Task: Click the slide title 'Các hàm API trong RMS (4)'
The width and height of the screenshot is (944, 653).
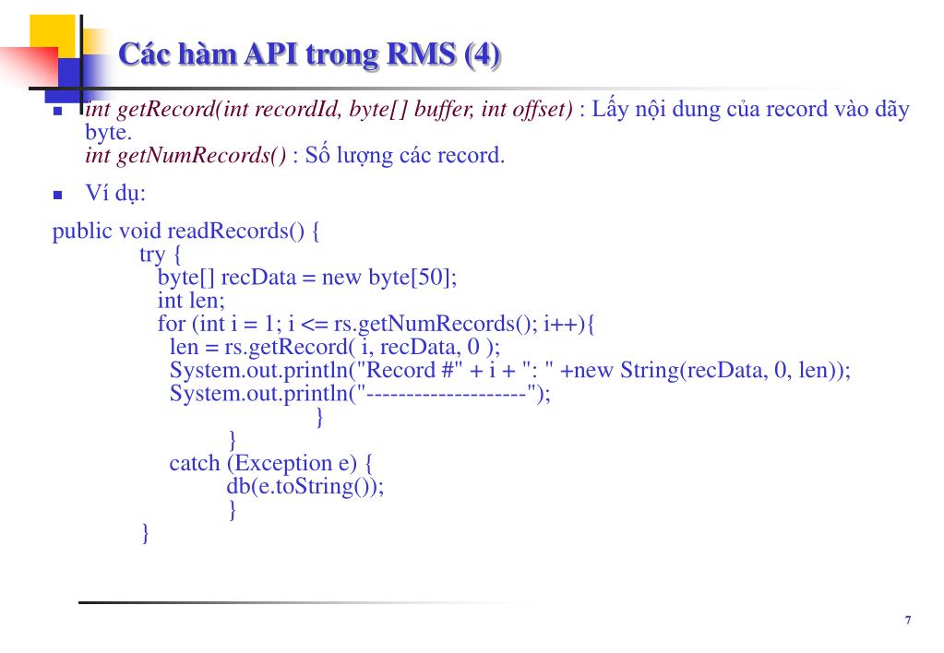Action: pos(310,55)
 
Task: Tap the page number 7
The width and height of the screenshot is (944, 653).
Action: pos(908,621)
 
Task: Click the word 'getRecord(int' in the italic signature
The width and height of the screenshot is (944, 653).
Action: pos(169,110)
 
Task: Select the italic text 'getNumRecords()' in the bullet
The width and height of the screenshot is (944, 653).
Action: pos(202,155)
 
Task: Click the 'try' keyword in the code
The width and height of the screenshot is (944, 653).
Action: pos(152,254)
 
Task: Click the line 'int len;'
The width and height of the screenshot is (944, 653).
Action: pos(191,301)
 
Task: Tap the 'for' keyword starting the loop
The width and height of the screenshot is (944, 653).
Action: pos(172,324)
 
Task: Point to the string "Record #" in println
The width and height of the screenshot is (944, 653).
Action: pos(403,371)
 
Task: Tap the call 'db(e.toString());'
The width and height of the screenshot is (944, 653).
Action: pos(305,486)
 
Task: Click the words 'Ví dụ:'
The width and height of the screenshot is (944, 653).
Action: pos(115,194)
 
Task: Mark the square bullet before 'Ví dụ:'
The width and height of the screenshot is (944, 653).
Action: pos(57,196)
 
